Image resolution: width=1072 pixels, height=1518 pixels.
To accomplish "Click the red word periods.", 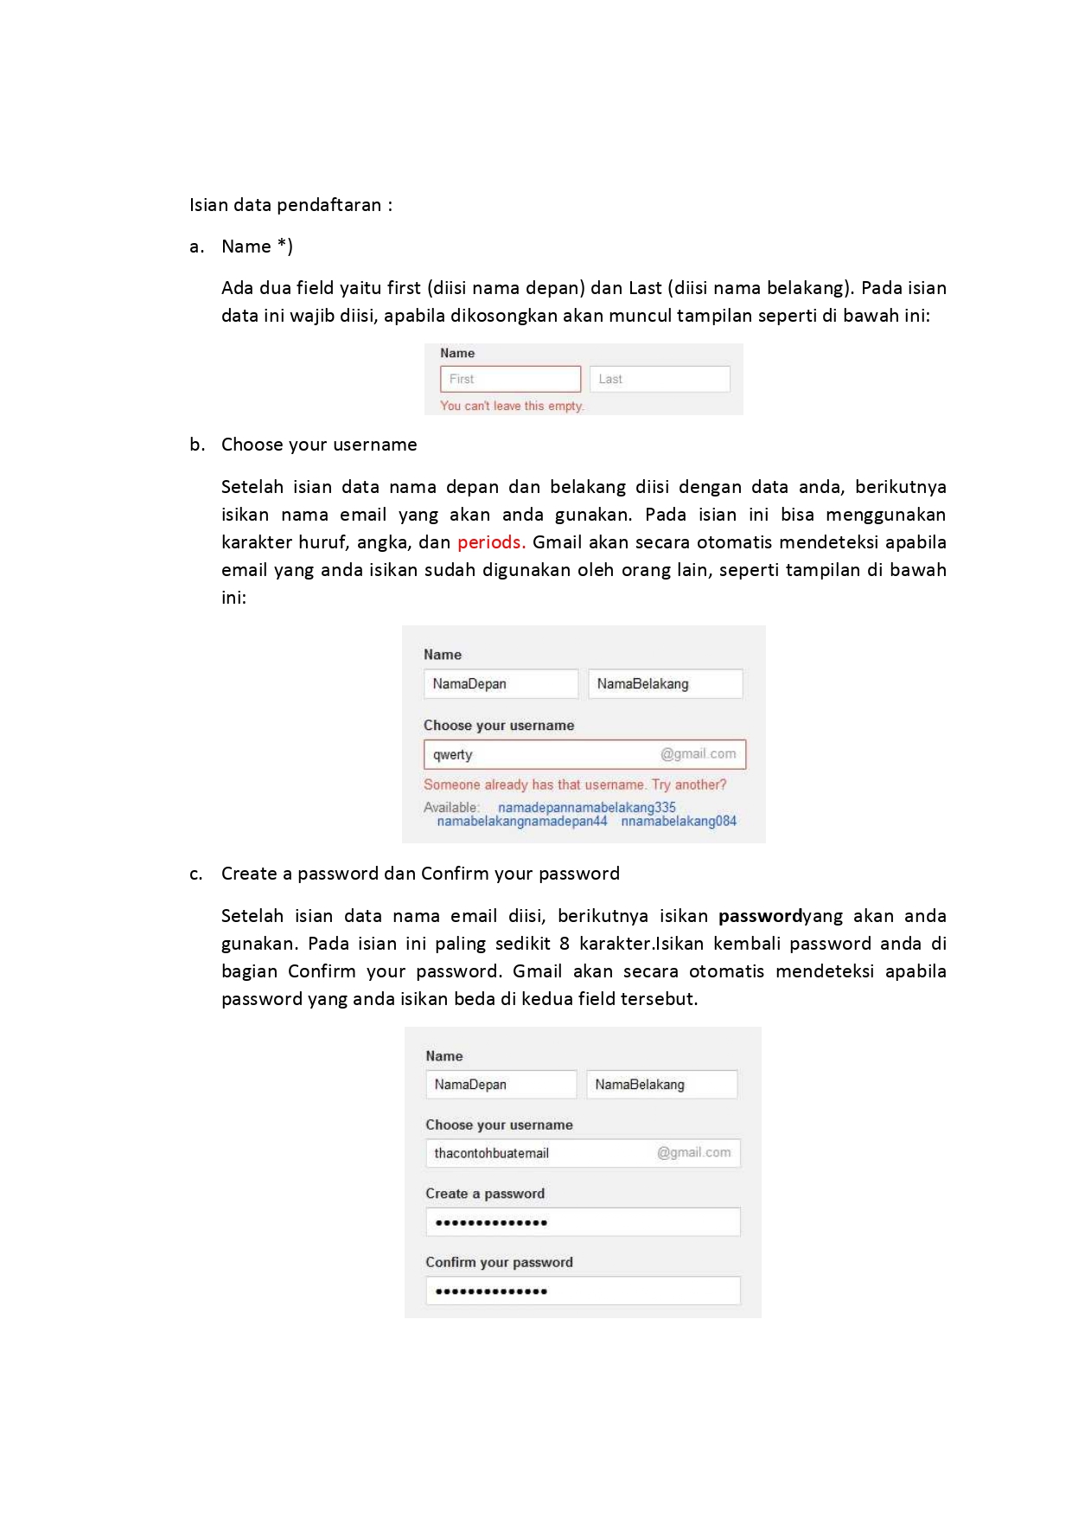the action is [490, 542].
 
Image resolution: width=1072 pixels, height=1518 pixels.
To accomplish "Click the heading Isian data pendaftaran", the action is [290, 205].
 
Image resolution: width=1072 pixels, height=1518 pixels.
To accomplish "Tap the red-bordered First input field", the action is [510, 379].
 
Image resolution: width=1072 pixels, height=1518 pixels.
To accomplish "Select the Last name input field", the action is [660, 379].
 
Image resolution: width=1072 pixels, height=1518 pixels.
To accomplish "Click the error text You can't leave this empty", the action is [512, 406].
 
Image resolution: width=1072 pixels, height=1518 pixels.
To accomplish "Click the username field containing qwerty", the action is [584, 754].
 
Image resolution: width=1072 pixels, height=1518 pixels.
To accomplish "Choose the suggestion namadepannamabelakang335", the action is [586, 807].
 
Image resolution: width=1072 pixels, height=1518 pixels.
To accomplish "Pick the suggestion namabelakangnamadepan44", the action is [522, 822].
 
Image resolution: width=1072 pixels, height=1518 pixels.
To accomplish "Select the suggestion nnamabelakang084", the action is [679, 822].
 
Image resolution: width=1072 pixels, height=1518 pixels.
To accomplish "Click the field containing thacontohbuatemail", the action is [583, 1153].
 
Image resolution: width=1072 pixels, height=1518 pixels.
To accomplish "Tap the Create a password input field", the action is [583, 1222].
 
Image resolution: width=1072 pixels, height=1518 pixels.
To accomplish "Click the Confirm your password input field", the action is [583, 1291].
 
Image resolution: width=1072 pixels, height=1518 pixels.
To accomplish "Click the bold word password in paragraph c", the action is [760, 916].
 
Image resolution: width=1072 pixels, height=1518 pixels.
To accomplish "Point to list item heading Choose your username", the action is [319, 445].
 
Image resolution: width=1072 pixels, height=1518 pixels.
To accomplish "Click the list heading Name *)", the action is [257, 247].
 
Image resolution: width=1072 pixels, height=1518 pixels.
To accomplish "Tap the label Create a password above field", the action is [485, 1194].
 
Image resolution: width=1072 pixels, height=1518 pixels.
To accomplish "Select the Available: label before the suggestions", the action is [450, 807].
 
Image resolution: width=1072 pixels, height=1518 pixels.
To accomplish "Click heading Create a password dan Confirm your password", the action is [420, 874].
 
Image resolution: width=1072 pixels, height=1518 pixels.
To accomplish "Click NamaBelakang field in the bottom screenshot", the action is [661, 1085].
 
